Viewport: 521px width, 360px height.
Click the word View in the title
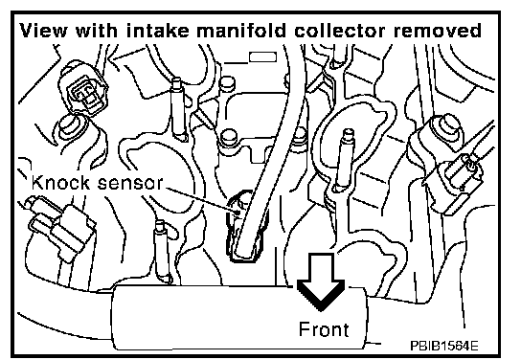[43, 31]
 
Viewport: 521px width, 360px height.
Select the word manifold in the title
[241, 31]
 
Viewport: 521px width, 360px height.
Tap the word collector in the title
[340, 31]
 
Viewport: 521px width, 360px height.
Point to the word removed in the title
[438, 31]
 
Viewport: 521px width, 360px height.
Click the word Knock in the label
[60, 182]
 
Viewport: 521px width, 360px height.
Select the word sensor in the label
[130, 183]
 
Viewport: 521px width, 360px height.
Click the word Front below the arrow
[324, 329]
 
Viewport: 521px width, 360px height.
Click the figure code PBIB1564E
[444, 346]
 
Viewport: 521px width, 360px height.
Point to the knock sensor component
[245, 227]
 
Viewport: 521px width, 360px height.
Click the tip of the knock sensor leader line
[239, 212]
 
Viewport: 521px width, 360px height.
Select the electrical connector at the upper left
[83, 88]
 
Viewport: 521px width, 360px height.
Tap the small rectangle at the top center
[262, 56]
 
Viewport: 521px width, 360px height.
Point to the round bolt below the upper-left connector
[71, 127]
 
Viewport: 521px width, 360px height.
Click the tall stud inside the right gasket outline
[343, 160]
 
